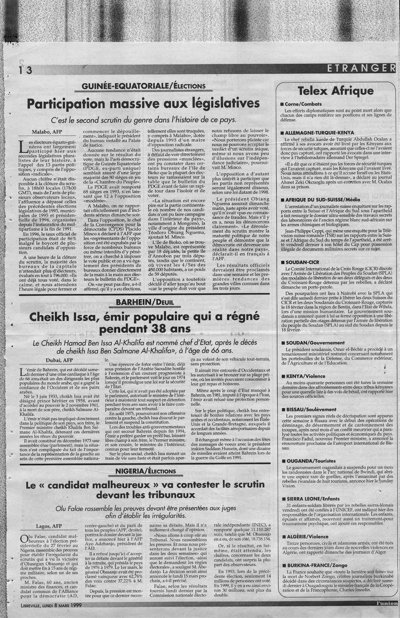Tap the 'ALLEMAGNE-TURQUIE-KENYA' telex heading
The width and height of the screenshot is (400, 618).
[x=321, y=132]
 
